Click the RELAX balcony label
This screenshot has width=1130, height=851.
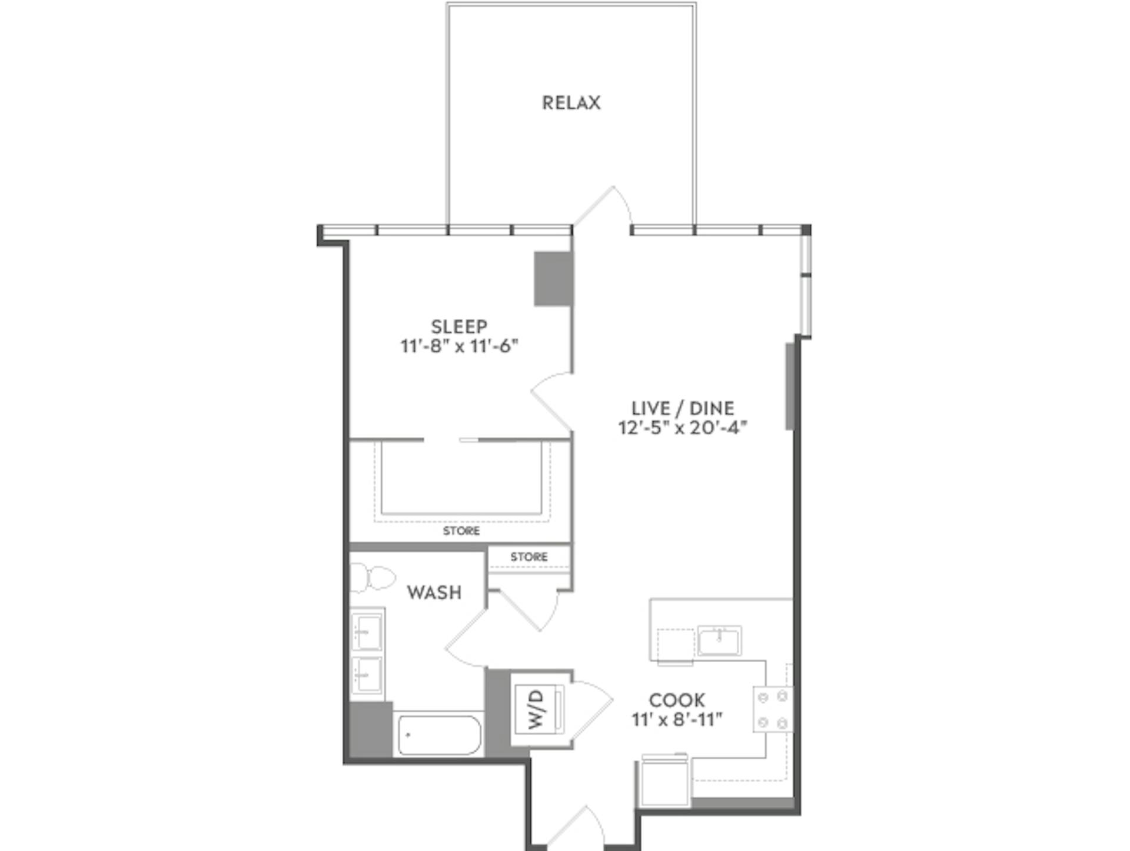point(571,103)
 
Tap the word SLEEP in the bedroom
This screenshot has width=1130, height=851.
point(459,326)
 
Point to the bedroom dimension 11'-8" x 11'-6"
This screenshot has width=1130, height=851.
point(459,346)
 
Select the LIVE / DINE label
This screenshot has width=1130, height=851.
point(683,408)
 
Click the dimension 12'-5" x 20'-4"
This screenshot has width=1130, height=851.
point(683,428)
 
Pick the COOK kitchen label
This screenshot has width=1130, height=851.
point(677,700)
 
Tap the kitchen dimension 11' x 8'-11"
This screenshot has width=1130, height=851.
point(677,720)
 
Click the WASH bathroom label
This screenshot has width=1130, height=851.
point(434,592)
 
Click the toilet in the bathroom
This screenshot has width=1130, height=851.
point(374,578)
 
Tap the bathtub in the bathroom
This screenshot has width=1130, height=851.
point(438,735)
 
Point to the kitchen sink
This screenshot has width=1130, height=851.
point(719,640)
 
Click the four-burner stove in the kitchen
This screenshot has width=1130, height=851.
point(773,709)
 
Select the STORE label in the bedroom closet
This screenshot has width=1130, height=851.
point(461,531)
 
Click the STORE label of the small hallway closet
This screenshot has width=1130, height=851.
point(529,556)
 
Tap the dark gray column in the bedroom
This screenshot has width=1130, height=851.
point(553,279)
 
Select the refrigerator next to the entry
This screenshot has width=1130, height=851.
point(665,782)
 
